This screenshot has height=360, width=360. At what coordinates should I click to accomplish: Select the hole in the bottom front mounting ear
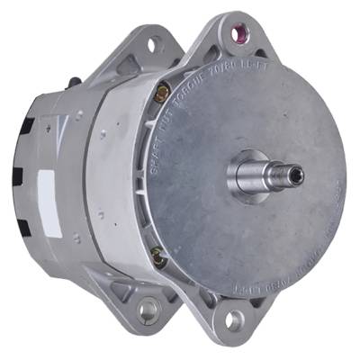point(236,317)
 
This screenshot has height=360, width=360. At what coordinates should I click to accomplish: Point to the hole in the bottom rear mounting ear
point(146,307)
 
